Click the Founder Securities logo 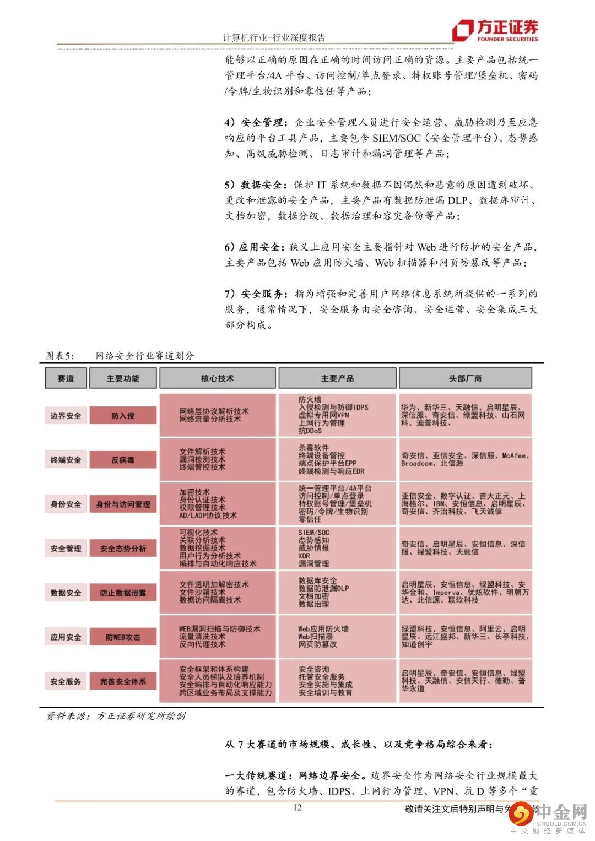pyautogui.click(x=495, y=31)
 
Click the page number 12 pyautogui.click(x=297, y=807)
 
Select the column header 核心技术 pyautogui.click(x=217, y=378)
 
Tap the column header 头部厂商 pyautogui.click(x=465, y=378)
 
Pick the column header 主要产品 pyautogui.click(x=337, y=378)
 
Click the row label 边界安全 pyautogui.click(x=66, y=416)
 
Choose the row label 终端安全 pyautogui.click(x=66, y=460)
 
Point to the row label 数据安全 pyautogui.click(x=66, y=593)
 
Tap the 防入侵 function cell pyautogui.click(x=123, y=416)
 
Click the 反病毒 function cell pyautogui.click(x=123, y=460)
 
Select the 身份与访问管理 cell pyautogui.click(x=123, y=504)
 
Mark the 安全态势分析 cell pyautogui.click(x=123, y=549)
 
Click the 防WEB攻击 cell pyautogui.click(x=123, y=637)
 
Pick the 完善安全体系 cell pyautogui.click(x=123, y=681)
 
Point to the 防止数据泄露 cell pyautogui.click(x=123, y=593)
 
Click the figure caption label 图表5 pyautogui.click(x=59, y=356)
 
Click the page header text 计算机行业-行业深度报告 pyautogui.click(x=274, y=37)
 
